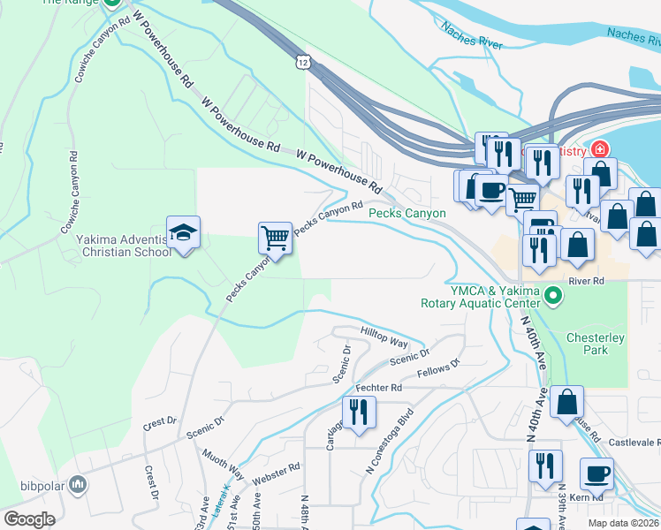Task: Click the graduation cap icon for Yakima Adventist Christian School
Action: pos(184,234)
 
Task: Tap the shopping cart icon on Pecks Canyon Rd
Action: pos(275,238)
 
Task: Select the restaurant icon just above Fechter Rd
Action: pos(359,413)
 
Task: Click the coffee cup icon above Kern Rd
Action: pos(596,473)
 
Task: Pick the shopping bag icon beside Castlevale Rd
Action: pos(566,401)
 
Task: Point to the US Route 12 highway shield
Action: pos(303,62)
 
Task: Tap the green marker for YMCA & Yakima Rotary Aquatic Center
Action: pos(553,295)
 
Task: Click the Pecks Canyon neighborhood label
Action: pos(406,214)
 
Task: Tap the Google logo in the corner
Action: pos(29,519)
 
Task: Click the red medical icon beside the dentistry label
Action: pos(600,149)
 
